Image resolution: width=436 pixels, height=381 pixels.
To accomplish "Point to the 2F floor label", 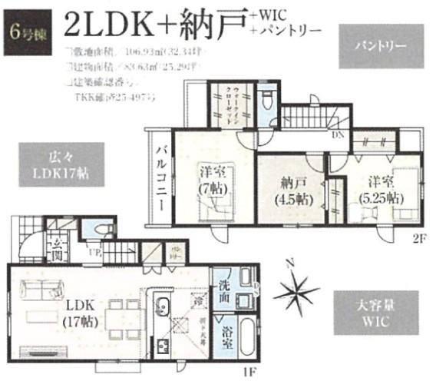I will click(x=418, y=237).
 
